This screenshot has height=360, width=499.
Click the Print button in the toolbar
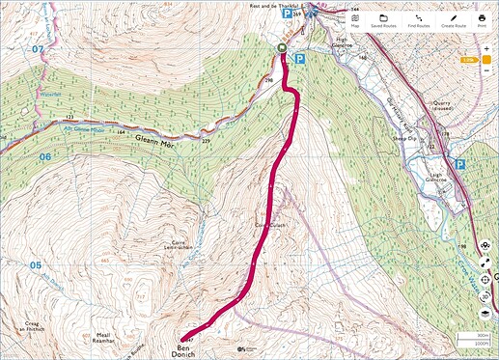point(481,21)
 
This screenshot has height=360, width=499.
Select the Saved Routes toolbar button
point(384,21)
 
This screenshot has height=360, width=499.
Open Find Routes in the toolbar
point(417,21)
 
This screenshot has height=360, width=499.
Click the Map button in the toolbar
point(355,21)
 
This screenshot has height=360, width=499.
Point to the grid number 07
point(38,47)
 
